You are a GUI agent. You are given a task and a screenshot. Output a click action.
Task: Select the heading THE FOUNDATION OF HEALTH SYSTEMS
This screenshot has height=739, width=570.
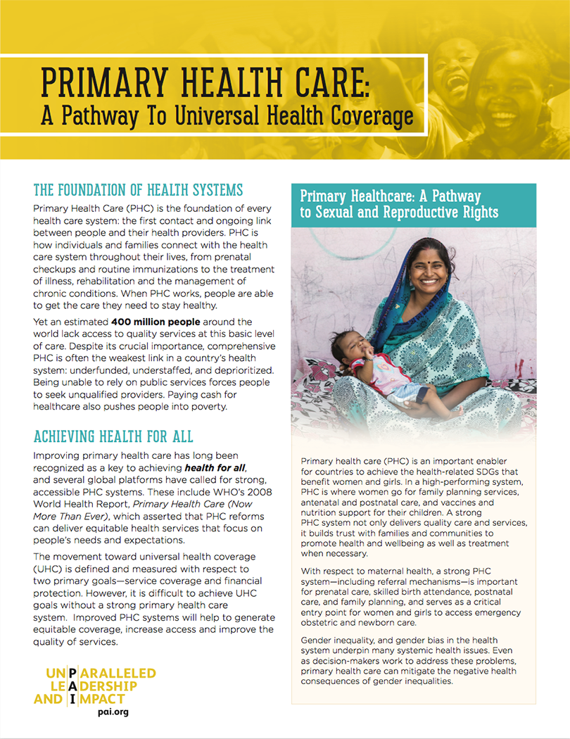(138, 190)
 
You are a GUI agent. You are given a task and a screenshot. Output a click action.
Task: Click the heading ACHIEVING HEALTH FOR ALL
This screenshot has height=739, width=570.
(113, 438)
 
